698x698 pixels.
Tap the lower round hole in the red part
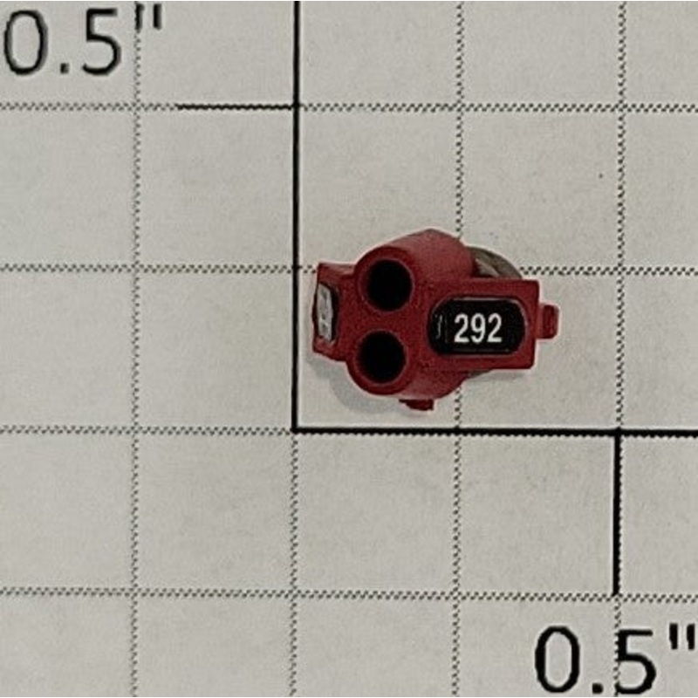[x=382, y=358]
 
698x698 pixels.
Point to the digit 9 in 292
[x=477, y=329]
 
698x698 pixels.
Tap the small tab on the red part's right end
[x=549, y=320]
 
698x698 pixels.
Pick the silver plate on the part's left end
[x=324, y=310]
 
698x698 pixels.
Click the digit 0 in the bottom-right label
[x=561, y=661]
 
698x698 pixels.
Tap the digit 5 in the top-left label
[x=99, y=44]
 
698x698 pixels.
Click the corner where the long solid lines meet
[x=296, y=429]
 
